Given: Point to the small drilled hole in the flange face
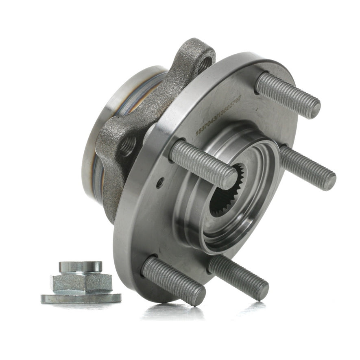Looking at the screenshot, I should click(160, 183).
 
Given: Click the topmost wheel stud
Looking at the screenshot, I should click(287, 94).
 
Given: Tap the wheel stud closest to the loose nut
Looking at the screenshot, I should click(173, 281).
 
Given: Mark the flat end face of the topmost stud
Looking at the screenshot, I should click(313, 107).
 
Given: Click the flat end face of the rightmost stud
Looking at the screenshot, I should click(329, 180).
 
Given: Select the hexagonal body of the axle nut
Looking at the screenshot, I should click(81, 283).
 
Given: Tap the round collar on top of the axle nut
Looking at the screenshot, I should click(81, 267).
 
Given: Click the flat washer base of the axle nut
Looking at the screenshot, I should click(81, 298).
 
